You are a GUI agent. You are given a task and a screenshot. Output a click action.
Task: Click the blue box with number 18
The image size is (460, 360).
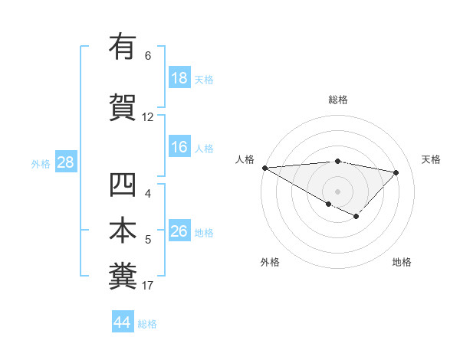pyautogui.click(x=179, y=78)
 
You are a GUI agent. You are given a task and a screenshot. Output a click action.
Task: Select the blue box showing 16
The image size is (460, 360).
pyautogui.click(x=179, y=147)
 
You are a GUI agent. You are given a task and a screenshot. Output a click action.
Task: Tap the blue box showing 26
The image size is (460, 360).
pyautogui.click(x=179, y=231)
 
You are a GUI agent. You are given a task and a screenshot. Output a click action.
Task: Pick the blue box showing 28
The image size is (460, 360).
pyautogui.click(x=65, y=162)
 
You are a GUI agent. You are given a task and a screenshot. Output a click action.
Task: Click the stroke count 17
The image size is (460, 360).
pyautogui.click(x=147, y=286)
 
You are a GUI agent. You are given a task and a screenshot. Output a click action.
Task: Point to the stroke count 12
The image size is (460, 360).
pyautogui.click(x=147, y=117)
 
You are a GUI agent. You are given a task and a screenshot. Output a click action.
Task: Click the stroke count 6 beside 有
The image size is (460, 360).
pyautogui.click(x=147, y=56)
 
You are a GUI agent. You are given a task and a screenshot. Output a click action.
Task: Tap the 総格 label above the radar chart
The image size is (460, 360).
pyautogui.click(x=338, y=100)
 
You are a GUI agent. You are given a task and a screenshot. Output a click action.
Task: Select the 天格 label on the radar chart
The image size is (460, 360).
pyautogui.click(x=432, y=159)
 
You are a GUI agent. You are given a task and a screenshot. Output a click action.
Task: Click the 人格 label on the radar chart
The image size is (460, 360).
pyautogui.click(x=245, y=159)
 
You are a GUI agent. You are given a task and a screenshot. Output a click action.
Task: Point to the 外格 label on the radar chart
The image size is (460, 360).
pyautogui.click(x=269, y=262)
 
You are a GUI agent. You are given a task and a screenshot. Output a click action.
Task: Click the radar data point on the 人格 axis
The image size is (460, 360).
pyautogui.click(x=264, y=167)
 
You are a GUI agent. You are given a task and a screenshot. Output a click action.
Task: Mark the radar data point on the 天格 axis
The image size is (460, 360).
pyautogui.click(x=396, y=172)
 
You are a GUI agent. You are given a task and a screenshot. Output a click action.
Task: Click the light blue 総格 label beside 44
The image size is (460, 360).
pyautogui.click(x=147, y=324)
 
